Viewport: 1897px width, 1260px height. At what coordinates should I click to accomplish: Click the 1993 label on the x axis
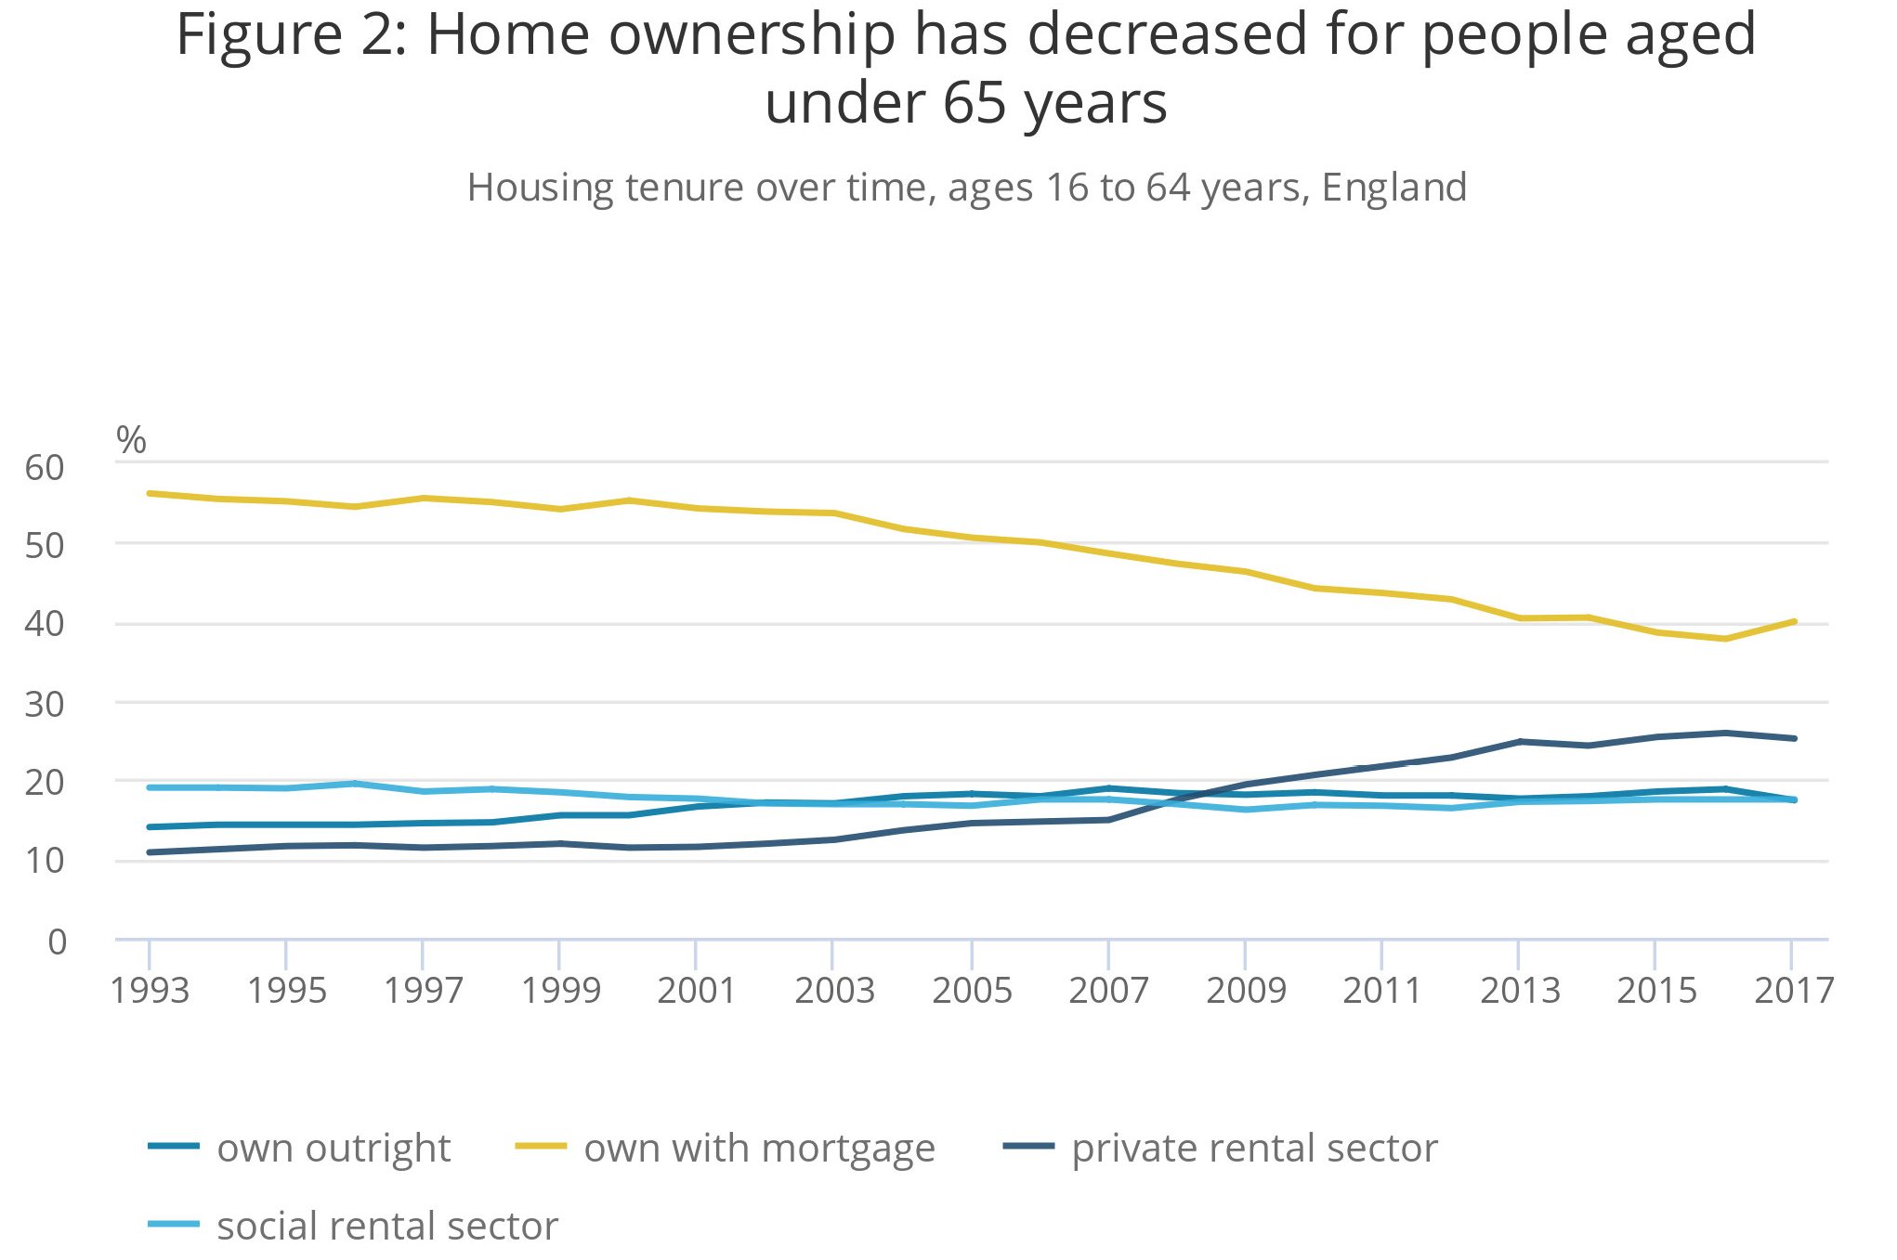tap(150, 991)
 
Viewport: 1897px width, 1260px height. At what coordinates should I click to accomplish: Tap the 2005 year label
tap(971, 991)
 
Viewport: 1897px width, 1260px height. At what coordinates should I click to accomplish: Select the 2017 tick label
tap(1793, 991)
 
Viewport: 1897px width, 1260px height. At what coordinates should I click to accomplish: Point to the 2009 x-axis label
tap(1245, 991)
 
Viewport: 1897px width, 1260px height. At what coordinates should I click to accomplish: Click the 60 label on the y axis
tap(45, 468)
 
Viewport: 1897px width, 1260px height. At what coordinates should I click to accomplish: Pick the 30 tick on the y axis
tap(45, 705)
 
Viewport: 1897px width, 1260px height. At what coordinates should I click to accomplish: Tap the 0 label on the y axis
tap(58, 942)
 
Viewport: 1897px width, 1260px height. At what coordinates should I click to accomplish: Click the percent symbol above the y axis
tap(131, 440)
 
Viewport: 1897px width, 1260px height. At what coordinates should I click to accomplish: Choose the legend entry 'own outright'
tap(333, 1149)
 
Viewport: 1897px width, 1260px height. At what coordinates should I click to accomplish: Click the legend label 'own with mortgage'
tap(758, 1149)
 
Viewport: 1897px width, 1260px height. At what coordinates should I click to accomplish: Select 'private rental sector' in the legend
tap(1253, 1149)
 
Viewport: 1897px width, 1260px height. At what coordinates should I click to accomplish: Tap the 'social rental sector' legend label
tap(386, 1227)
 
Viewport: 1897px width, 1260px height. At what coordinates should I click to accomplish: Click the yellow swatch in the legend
tap(541, 1147)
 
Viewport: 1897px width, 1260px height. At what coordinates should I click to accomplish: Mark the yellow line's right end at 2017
tap(1794, 621)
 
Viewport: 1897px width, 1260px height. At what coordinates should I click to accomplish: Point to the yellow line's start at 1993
tap(150, 493)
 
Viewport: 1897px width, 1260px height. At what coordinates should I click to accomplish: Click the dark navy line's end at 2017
tap(1794, 738)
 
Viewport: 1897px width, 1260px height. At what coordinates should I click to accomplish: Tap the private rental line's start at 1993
tap(150, 852)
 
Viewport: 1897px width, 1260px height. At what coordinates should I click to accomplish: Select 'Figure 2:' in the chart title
tap(292, 35)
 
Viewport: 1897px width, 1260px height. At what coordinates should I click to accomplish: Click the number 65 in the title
tap(975, 103)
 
